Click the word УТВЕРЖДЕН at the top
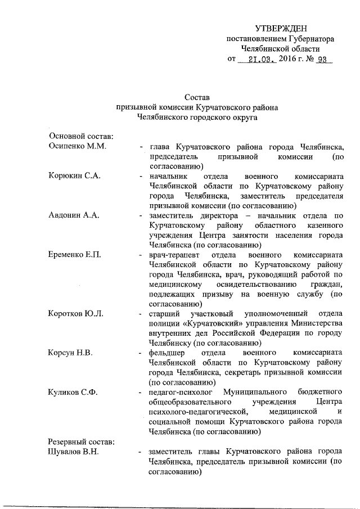point(281,28)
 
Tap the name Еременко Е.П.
point(75,255)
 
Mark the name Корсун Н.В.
point(70,353)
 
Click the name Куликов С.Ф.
point(74,392)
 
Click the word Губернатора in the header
point(312,39)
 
